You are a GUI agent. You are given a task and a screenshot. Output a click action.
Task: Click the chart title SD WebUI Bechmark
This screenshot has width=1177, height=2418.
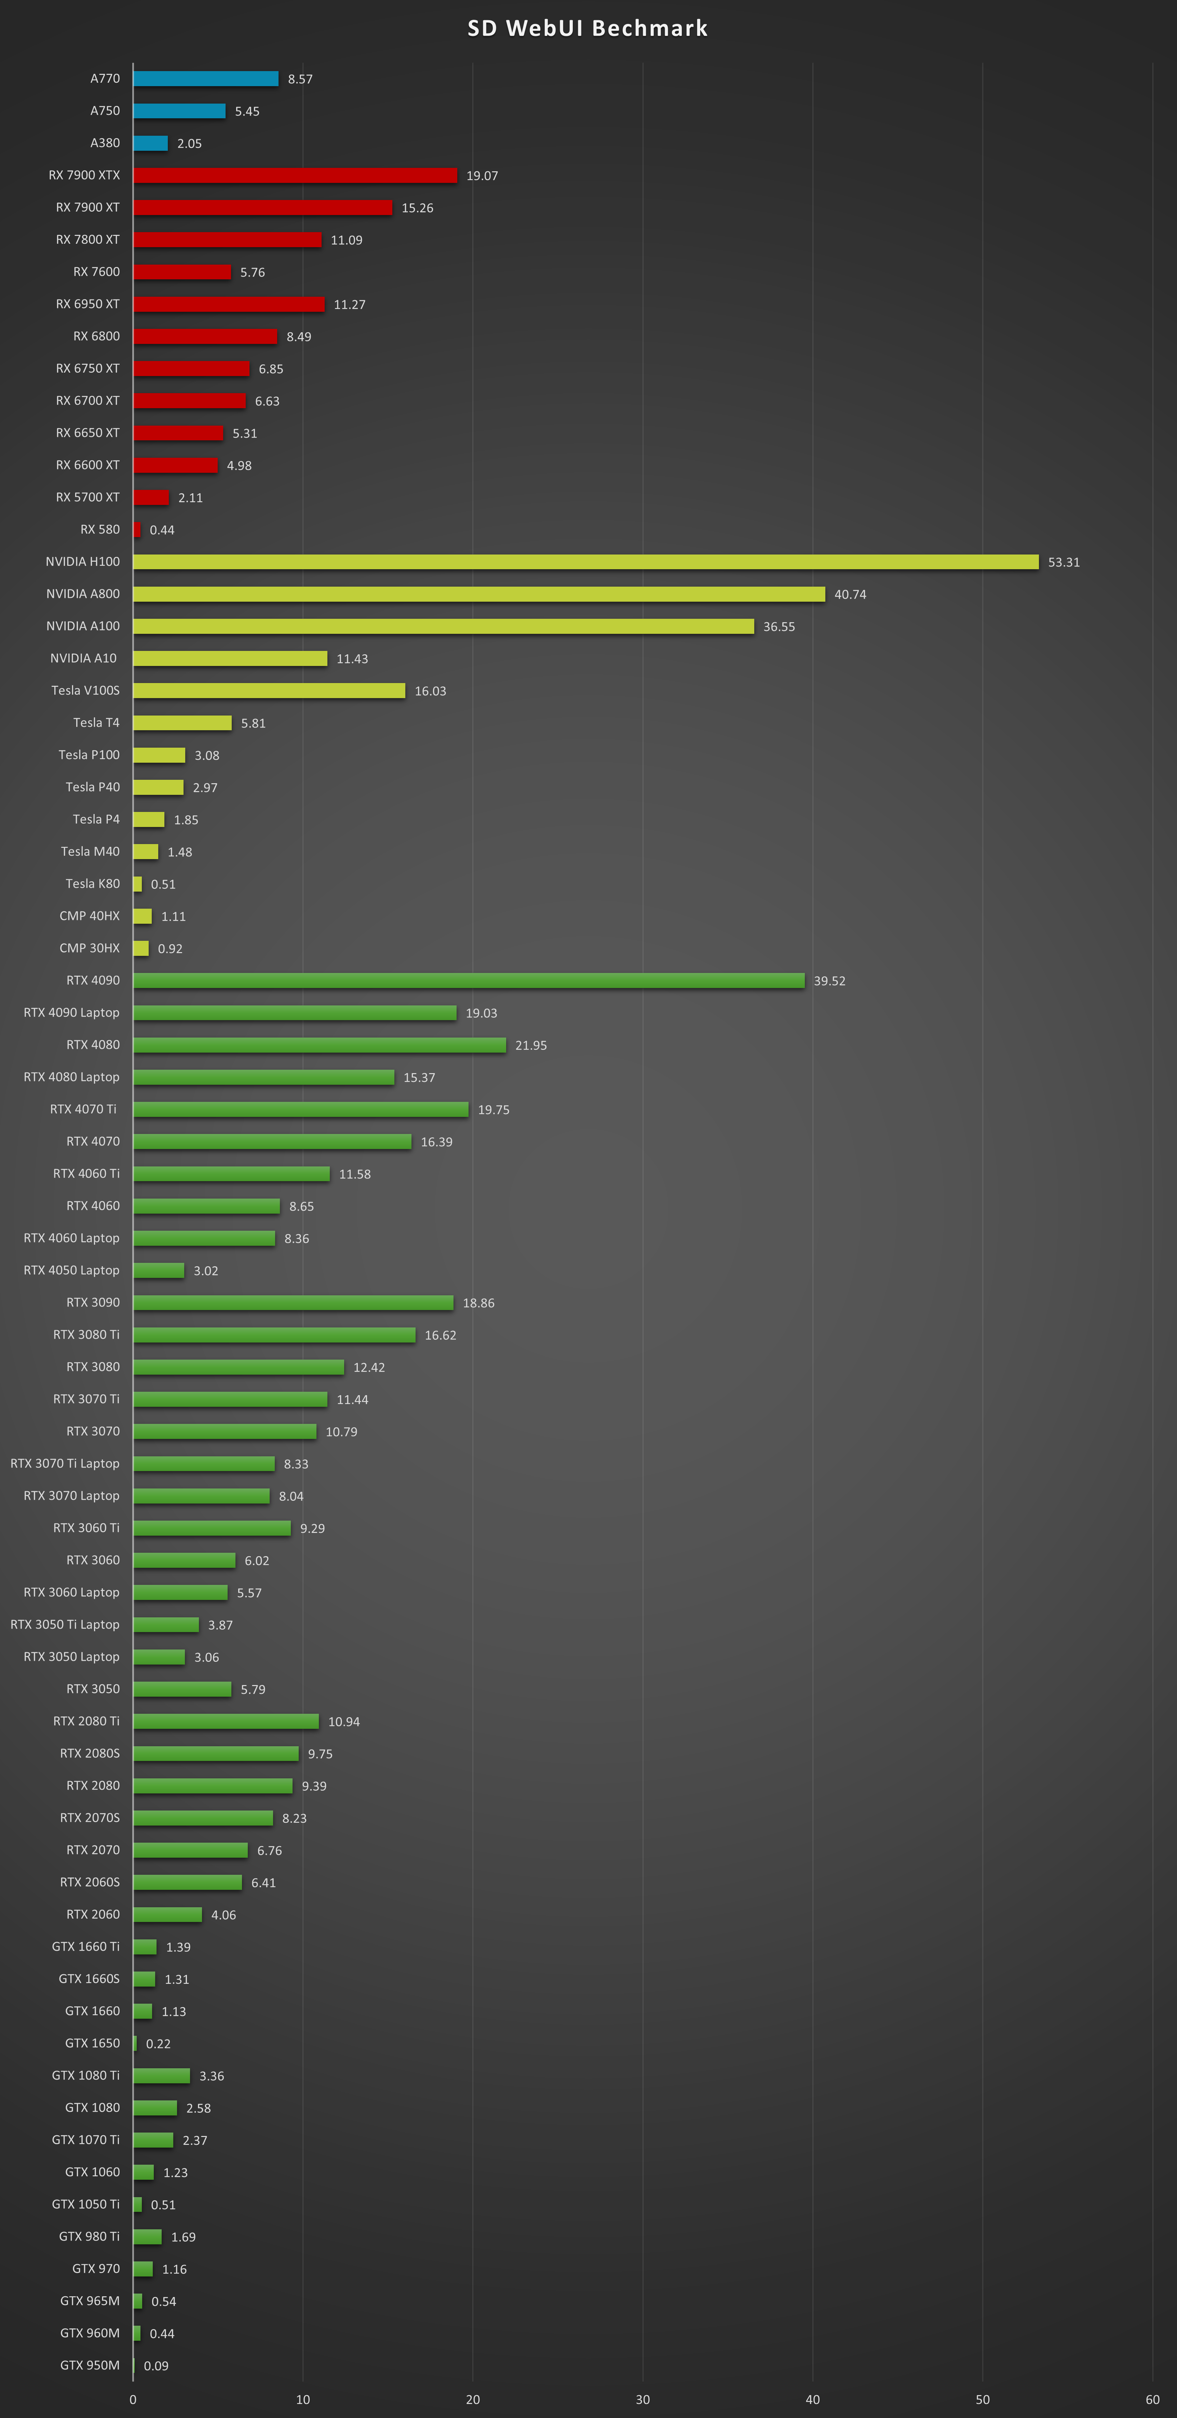(587, 28)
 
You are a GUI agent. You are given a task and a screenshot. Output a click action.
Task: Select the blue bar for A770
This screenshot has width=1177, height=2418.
(205, 79)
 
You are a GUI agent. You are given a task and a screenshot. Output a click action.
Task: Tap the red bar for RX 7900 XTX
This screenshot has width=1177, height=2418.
(295, 175)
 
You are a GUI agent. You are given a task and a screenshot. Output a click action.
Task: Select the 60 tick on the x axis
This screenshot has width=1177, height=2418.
(1152, 2399)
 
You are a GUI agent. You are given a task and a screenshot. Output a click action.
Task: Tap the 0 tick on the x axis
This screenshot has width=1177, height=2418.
(133, 2399)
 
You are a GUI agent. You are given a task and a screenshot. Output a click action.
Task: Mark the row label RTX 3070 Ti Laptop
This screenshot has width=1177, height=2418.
(65, 1464)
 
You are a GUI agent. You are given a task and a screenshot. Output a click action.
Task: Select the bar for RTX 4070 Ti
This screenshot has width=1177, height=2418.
(300, 1109)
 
